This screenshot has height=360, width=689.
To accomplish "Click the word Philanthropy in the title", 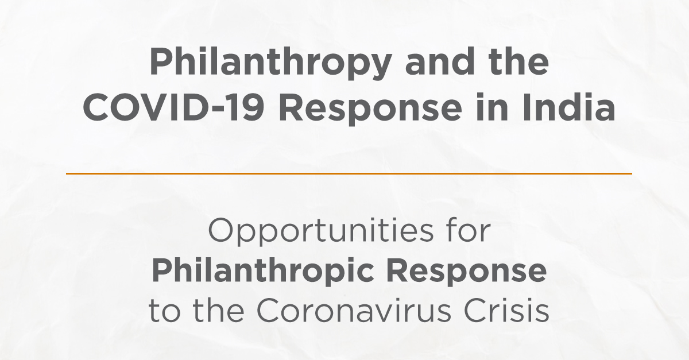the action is click(x=270, y=63).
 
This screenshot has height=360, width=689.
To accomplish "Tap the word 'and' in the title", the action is click(x=440, y=61).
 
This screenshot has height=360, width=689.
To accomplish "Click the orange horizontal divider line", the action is click(x=349, y=173).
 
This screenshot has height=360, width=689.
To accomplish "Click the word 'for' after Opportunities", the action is click(x=469, y=230).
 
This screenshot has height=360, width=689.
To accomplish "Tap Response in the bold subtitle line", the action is click(x=467, y=272).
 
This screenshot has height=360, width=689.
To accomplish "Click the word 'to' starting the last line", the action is click(x=164, y=310).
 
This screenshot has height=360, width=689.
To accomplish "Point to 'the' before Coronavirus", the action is click(x=219, y=309).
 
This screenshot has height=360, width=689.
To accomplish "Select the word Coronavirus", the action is click(x=354, y=309).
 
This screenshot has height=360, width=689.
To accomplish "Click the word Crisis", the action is click(x=506, y=309).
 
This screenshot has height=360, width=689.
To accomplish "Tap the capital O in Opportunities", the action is click(x=222, y=230).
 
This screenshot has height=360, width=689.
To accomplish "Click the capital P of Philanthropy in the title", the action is click(x=161, y=61).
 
